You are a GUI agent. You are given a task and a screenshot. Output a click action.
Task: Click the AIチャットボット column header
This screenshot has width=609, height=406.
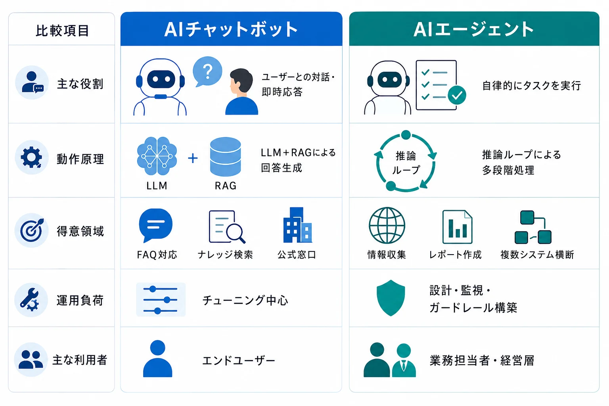point(231,29)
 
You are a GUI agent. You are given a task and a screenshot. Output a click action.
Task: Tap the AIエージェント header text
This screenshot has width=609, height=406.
point(474,29)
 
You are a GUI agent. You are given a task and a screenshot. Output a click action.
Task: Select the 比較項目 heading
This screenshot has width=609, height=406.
point(62,31)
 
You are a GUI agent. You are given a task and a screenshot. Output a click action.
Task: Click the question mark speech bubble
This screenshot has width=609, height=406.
point(207,71)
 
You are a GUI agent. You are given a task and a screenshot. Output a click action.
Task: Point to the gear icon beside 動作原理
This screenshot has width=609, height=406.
point(32,157)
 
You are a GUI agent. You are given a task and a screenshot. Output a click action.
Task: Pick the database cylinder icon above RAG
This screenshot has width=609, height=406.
point(225,157)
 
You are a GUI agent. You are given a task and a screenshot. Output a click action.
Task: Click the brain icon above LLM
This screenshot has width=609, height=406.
point(157,156)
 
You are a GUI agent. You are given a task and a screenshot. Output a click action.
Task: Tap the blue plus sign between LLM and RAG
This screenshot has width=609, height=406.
point(193,158)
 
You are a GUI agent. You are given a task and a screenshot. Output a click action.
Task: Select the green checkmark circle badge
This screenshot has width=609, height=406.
point(457,95)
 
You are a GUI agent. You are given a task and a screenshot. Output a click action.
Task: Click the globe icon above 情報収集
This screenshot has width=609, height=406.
point(387,225)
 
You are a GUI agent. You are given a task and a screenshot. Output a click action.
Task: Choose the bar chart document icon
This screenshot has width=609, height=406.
point(458,227)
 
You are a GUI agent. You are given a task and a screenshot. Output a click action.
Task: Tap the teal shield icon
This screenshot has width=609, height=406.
point(391,298)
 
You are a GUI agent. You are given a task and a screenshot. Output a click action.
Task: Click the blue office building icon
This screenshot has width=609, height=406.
point(297,225)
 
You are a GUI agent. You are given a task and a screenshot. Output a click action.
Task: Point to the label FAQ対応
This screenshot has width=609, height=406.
point(157,255)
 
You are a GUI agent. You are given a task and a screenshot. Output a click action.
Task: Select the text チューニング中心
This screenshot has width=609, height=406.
point(245,300)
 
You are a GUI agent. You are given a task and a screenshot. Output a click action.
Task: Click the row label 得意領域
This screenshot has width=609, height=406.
point(80,231)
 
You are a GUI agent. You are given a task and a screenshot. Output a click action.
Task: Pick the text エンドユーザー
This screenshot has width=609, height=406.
point(239,360)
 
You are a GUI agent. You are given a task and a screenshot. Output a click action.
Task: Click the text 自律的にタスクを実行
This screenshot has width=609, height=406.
point(532,85)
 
